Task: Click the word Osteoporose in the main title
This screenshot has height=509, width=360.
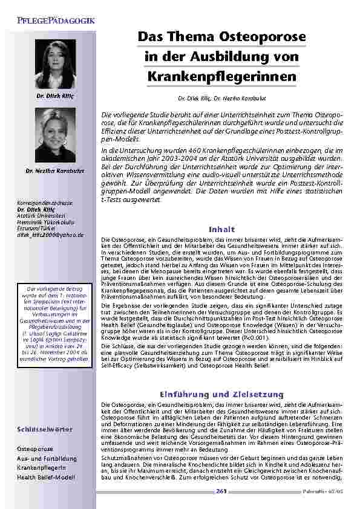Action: [x=263, y=37]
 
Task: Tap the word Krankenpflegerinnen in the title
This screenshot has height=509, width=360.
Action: [x=221, y=77]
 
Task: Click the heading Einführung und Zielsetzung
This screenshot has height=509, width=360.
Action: [x=221, y=394]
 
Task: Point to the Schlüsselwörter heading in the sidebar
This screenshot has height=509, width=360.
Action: [x=37, y=430]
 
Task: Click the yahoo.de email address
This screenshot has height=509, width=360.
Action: [x=50, y=234]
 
